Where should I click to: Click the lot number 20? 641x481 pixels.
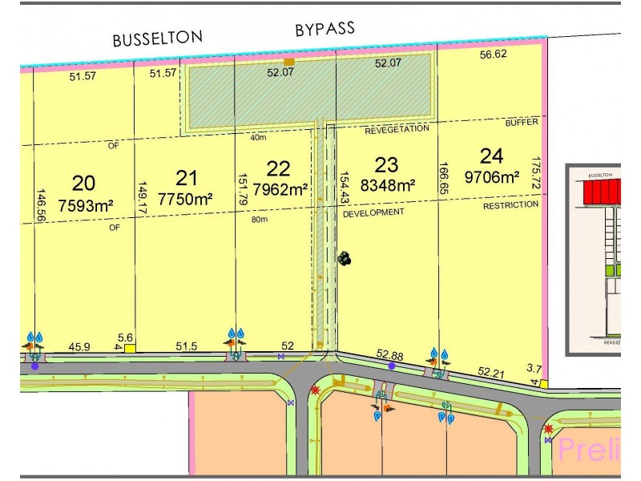(x=83, y=182)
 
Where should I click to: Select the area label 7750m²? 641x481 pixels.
(x=185, y=200)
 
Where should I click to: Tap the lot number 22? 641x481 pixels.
(x=278, y=168)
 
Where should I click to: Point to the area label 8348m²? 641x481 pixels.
(x=388, y=185)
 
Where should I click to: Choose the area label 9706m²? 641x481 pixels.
(x=490, y=178)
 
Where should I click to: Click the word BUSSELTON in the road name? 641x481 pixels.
(x=158, y=38)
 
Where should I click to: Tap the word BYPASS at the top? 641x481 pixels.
(x=325, y=29)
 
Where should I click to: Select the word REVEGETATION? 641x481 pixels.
(x=397, y=128)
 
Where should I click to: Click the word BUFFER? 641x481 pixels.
(x=522, y=123)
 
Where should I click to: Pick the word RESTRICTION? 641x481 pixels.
(x=510, y=205)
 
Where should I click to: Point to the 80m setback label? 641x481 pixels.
(x=259, y=220)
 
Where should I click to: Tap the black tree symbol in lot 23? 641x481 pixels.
(x=344, y=257)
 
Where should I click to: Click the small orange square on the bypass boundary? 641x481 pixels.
(x=289, y=61)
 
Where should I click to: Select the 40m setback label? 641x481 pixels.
(x=258, y=137)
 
